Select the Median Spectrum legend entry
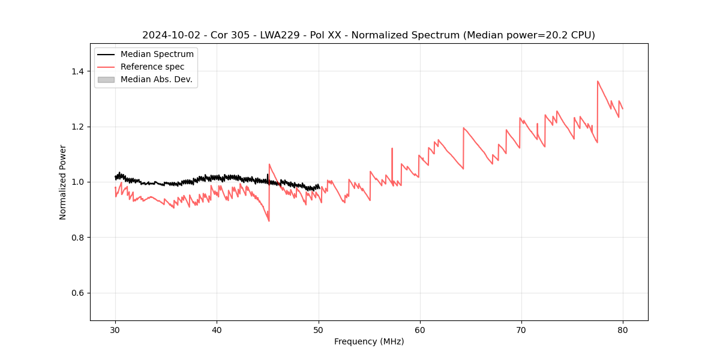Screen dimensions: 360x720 tap(157, 55)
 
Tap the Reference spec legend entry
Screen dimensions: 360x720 tap(152, 67)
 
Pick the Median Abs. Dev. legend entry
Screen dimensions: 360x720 tap(156, 79)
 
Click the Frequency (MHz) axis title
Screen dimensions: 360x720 tap(369, 341)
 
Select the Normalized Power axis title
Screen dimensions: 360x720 tap(63, 182)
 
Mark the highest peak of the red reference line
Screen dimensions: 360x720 tap(598, 81)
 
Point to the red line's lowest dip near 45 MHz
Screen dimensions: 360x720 tap(269, 221)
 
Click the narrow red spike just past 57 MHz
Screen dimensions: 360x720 tap(392, 148)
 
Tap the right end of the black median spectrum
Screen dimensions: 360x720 tap(319, 187)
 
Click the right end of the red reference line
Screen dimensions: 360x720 tap(623, 109)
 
